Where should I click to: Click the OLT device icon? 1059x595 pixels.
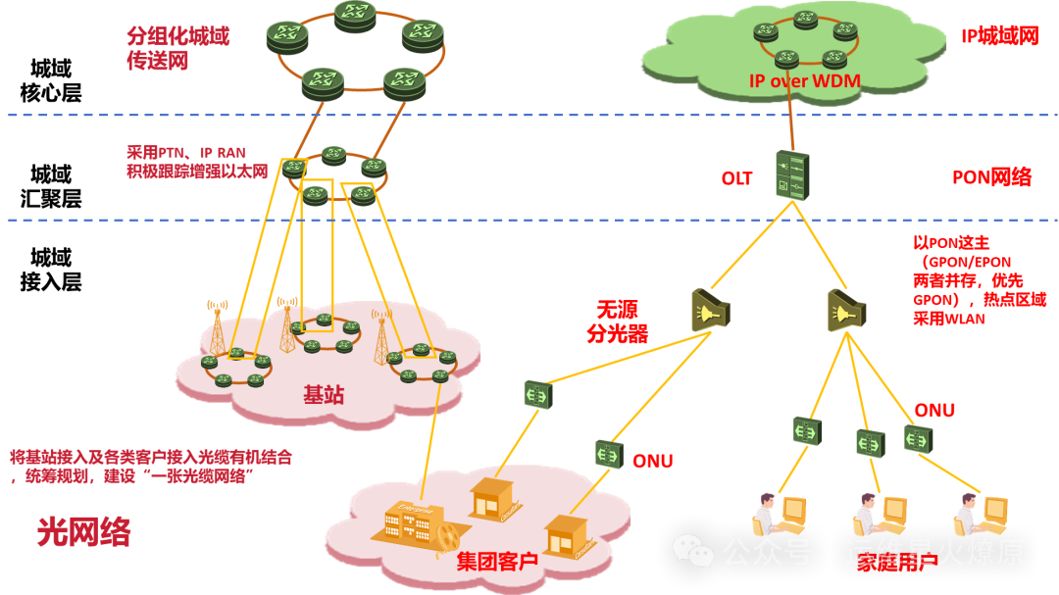(791, 175)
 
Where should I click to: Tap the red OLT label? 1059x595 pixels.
(736, 178)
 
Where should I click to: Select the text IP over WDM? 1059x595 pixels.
(805, 81)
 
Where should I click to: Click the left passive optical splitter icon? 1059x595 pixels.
(709, 310)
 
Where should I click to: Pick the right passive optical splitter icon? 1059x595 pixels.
(844, 310)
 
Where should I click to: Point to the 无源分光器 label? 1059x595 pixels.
(617, 322)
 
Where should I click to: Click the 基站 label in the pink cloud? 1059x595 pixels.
(324, 395)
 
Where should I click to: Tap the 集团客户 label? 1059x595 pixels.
(497, 562)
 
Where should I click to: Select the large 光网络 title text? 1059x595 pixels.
(83, 531)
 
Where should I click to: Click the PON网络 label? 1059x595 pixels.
(991, 177)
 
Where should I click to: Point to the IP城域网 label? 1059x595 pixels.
(999, 36)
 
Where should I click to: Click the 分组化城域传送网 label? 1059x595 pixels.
(177, 48)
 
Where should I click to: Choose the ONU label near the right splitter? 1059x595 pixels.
(933, 411)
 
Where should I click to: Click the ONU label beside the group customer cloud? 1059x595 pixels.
(652, 461)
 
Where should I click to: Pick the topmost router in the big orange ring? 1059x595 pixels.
(354, 14)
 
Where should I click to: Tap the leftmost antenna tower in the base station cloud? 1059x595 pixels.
(217, 327)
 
